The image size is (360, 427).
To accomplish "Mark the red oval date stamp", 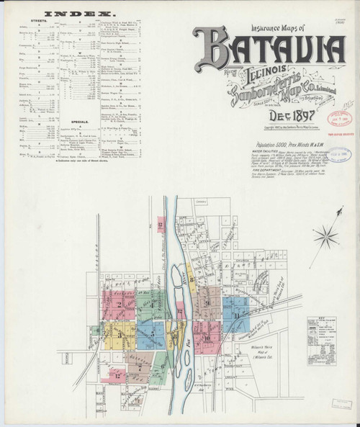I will pyautogui.click(x=339, y=118).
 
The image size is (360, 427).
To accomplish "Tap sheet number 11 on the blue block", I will pyautogui.click(x=236, y=315).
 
